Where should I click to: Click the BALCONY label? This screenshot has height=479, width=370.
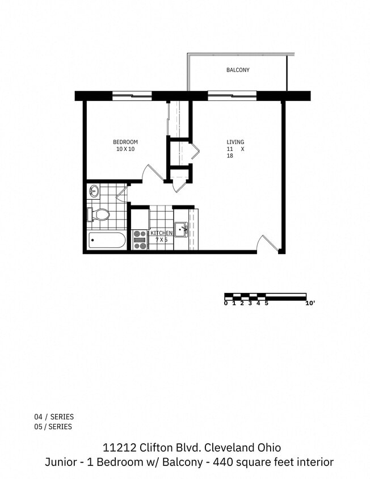[238, 70]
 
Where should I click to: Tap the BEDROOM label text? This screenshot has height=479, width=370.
[125, 142]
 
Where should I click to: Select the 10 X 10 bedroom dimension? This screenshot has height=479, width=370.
[125, 149]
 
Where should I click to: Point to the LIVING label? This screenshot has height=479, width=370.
[236, 142]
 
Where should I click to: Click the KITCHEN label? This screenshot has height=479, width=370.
[161, 233]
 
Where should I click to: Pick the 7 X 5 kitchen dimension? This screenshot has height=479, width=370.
[161, 240]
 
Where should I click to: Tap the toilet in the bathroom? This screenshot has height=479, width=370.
[99, 215]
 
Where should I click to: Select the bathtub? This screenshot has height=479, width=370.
[107, 241]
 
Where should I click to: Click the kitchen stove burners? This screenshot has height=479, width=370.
[140, 239]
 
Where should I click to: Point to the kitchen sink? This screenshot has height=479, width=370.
[181, 230]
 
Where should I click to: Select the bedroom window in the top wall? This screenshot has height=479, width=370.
[132, 96]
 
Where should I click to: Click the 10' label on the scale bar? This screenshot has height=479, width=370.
[310, 303]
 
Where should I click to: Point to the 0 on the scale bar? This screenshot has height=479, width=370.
[225, 303]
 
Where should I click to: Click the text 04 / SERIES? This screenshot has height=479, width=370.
[53, 417]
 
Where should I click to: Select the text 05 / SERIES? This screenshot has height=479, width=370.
[53, 427]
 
